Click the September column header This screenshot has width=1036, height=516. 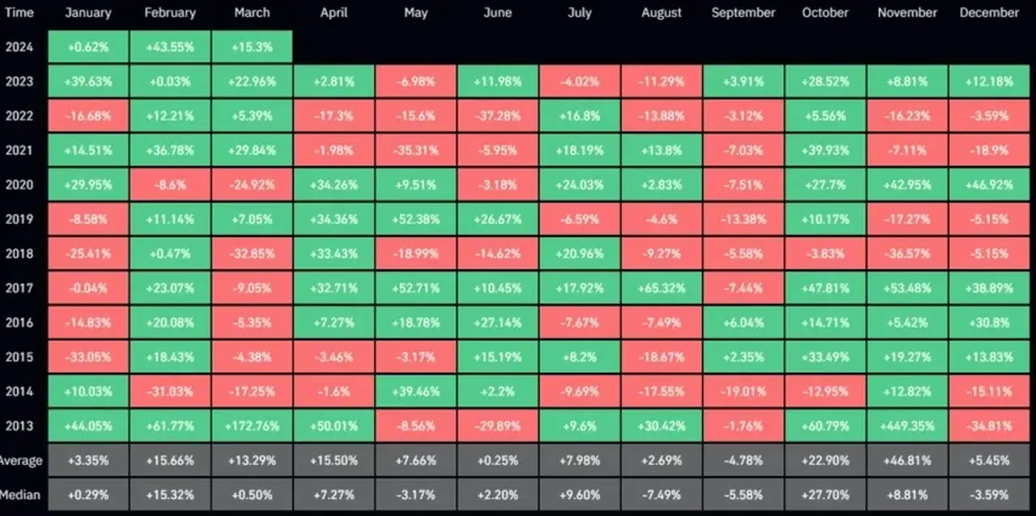click(x=743, y=12)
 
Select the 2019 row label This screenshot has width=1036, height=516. click(x=19, y=218)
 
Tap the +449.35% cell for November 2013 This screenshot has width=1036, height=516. click(x=907, y=426)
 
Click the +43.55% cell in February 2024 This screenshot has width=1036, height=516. click(x=170, y=47)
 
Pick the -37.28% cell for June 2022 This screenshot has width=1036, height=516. click(x=498, y=116)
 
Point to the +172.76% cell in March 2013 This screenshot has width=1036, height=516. click(x=252, y=426)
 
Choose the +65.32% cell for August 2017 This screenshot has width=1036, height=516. click(x=661, y=288)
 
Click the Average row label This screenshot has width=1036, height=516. click(x=21, y=460)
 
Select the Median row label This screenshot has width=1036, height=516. click(x=20, y=495)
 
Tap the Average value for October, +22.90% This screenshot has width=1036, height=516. click(x=825, y=460)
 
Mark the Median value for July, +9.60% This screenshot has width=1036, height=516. click(x=580, y=495)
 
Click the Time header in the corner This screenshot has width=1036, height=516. click(x=19, y=12)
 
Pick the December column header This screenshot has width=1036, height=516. click(x=989, y=12)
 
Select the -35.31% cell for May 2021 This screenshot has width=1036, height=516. click(x=416, y=150)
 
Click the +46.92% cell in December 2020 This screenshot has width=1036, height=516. click(x=989, y=184)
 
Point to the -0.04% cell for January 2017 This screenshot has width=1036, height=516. click(x=88, y=288)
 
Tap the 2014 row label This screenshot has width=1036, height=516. click(x=19, y=391)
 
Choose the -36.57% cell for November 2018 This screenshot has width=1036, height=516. click(x=907, y=253)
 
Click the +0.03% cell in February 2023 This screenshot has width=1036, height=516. click(x=170, y=82)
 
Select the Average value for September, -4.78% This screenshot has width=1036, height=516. click(x=743, y=460)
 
